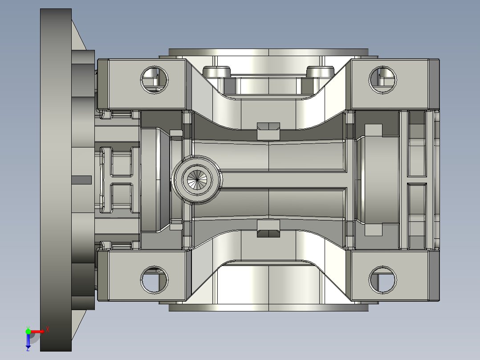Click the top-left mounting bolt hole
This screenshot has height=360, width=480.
coord(154,80)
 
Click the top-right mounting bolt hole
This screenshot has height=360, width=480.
coord(382,80)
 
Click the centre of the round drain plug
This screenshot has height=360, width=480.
coord(197,180)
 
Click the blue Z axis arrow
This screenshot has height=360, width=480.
coord(28,340)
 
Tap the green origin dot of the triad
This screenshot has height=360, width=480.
coord(28,331)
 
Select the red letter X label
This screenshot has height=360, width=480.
coord(48,330)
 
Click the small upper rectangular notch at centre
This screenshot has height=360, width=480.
coord(268,131)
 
